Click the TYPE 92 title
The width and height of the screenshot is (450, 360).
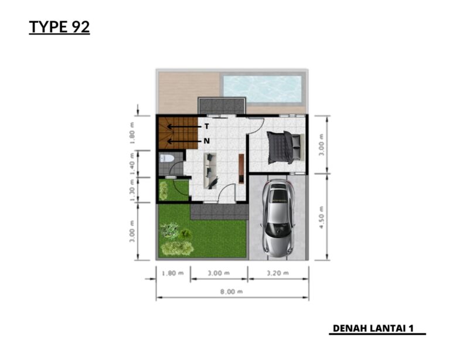pos(59,27)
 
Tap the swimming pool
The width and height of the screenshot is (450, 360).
pos(262,89)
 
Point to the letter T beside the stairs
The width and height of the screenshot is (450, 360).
pos(206,126)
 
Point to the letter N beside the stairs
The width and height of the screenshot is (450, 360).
pos(206,141)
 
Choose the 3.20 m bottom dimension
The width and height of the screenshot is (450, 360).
pos(278,272)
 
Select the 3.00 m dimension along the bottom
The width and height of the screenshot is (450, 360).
pos(219,272)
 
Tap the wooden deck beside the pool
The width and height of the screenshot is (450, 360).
pos(187,91)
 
